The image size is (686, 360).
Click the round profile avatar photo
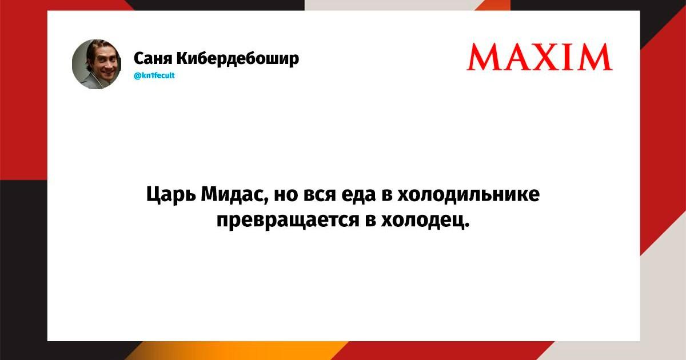pyautogui.click(x=97, y=64)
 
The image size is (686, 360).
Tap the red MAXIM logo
pyautogui.click(x=540, y=57)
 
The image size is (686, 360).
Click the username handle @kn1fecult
pyautogui.click(x=154, y=75)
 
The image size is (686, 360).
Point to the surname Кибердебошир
pyautogui.click(x=238, y=58)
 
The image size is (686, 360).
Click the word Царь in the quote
pyautogui.click(x=170, y=195)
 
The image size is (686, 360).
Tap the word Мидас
pyautogui.click(x=234, y=194)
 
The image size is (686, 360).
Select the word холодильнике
pyautogui.click(x=468, y=194)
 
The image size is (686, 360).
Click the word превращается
pyautogui.click(x=288, y=221)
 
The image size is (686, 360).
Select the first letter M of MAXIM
pyautogui.click(x=483, y=57)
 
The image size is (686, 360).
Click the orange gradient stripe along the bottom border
pyautogui.click(x=236, y=351)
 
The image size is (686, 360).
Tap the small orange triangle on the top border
pyautogui.click(x=492, y=5)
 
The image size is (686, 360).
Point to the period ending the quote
pyautogui.click(x=466, y=226)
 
